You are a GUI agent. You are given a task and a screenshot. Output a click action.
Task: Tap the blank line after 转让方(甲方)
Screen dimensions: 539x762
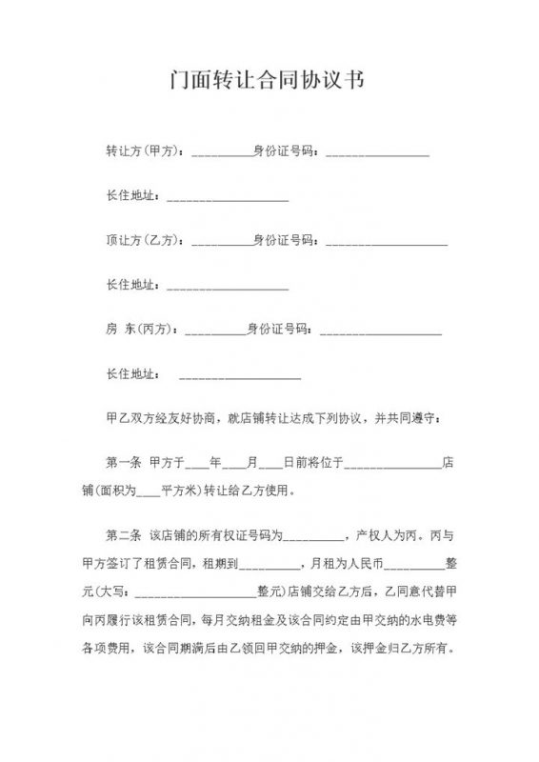tap(222, 152)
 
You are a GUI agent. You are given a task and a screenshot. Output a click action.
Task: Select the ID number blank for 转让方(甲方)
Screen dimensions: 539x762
tap(377, 152)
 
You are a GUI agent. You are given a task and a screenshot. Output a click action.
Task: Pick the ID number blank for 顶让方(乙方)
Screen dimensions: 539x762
tap(387, 242)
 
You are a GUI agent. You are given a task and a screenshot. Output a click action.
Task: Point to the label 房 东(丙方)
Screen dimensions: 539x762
tap(140, 330)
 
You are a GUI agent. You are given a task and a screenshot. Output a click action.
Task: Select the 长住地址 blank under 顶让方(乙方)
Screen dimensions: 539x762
tap(228, 287)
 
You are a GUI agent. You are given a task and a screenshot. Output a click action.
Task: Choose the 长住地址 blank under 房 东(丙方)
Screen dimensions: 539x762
tap(239, 376)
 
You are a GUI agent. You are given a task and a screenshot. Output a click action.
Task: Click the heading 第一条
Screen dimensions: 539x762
tap(124, 464)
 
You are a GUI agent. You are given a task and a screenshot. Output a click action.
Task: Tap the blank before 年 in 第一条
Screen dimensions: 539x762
tap(197, 466)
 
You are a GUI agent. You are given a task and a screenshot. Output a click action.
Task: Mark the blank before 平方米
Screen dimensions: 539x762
tap(150, 493)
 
